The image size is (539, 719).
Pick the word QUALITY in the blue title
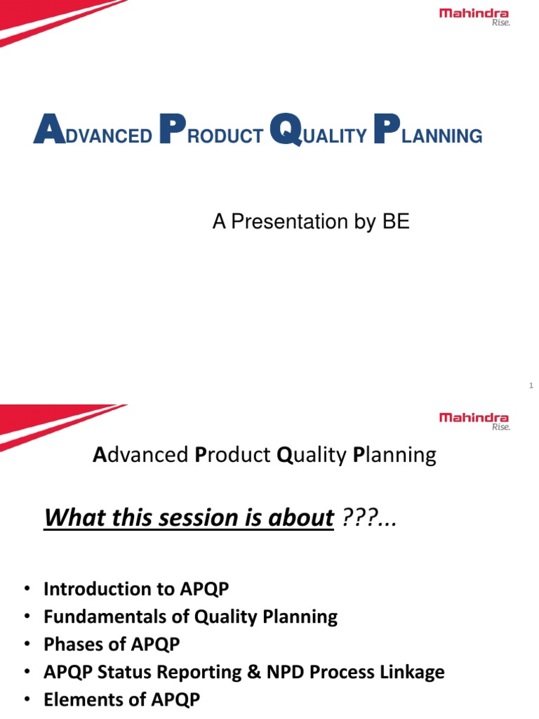click(x=319, y=133)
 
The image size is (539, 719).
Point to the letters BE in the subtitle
click(x=396, y=222)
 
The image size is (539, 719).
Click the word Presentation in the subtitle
click(x=289, y=222)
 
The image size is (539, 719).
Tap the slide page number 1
click(x=531, y=385)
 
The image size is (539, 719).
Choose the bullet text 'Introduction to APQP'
click(x=136, y=588)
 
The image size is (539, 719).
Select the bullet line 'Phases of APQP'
click(x=111, y=644)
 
